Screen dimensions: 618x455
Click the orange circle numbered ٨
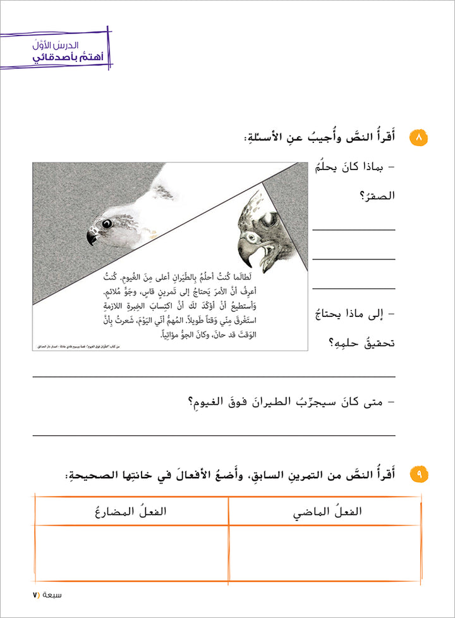coord(418,137)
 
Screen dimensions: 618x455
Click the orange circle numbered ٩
coord(418,474)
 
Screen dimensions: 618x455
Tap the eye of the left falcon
coord(107,223)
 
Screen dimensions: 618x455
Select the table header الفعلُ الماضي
coord(325,512)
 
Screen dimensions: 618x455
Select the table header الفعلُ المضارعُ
coord(131,512)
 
